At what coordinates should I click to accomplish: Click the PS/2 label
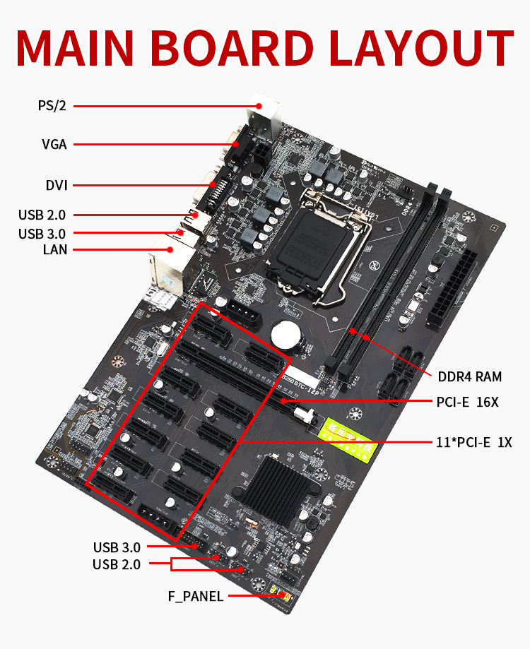(52, 106)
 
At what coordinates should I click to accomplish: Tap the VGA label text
(54, 145)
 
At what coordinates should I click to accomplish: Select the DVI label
(56, 186)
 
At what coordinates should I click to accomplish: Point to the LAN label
(54, 249)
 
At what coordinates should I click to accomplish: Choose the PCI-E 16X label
(467, 402)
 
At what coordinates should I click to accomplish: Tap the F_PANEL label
(196, 596)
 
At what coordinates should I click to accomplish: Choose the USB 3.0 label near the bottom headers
(117, 547)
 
